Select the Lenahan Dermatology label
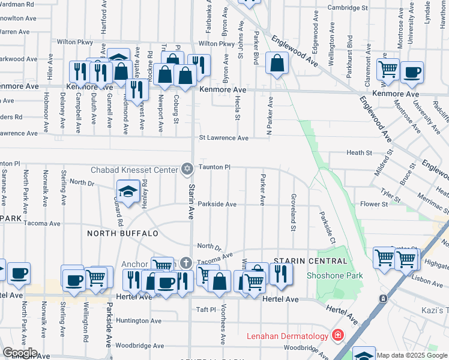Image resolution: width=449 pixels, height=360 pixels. coord(288,336)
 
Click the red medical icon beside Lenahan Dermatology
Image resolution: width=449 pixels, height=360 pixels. coord(338,335)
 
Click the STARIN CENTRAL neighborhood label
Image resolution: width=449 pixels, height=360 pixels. coord(310,261)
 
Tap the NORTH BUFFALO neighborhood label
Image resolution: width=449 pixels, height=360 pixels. coord(122,233)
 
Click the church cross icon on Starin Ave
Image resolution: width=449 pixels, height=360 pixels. coord(186,263)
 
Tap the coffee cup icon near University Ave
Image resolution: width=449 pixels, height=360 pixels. coord(412,72)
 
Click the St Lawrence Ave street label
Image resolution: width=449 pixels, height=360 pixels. coord(224,138)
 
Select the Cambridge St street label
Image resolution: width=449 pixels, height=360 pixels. coord(348,8)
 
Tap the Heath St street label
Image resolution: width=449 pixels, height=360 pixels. coord(360,153)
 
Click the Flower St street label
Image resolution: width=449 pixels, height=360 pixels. coord(374,204)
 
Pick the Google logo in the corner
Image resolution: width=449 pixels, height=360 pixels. coord(19,353)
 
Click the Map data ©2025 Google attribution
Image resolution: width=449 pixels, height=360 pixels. coord(412,355)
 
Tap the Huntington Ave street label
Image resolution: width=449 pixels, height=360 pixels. coord(139,321)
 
